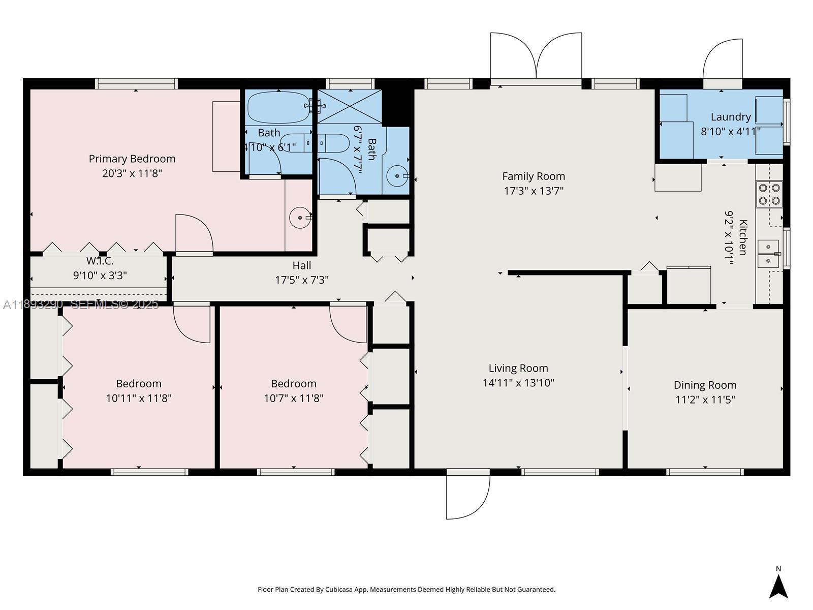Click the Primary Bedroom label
point(132,159)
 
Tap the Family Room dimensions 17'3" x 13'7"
point(534,191)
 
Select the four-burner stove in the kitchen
point(769,194)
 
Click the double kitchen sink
point(768,254)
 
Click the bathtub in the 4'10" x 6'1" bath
point(278,107)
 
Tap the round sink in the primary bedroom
point(300,218)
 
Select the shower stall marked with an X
point(350,106)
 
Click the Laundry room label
point(731,117)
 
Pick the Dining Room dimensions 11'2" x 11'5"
point(705,400)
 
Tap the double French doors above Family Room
point(536,56)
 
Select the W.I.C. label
point(100,261)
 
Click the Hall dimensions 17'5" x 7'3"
point(302,280)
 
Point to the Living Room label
point(518,368)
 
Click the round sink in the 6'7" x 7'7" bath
point(396,176)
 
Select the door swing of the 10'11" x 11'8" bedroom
point(192,324)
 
